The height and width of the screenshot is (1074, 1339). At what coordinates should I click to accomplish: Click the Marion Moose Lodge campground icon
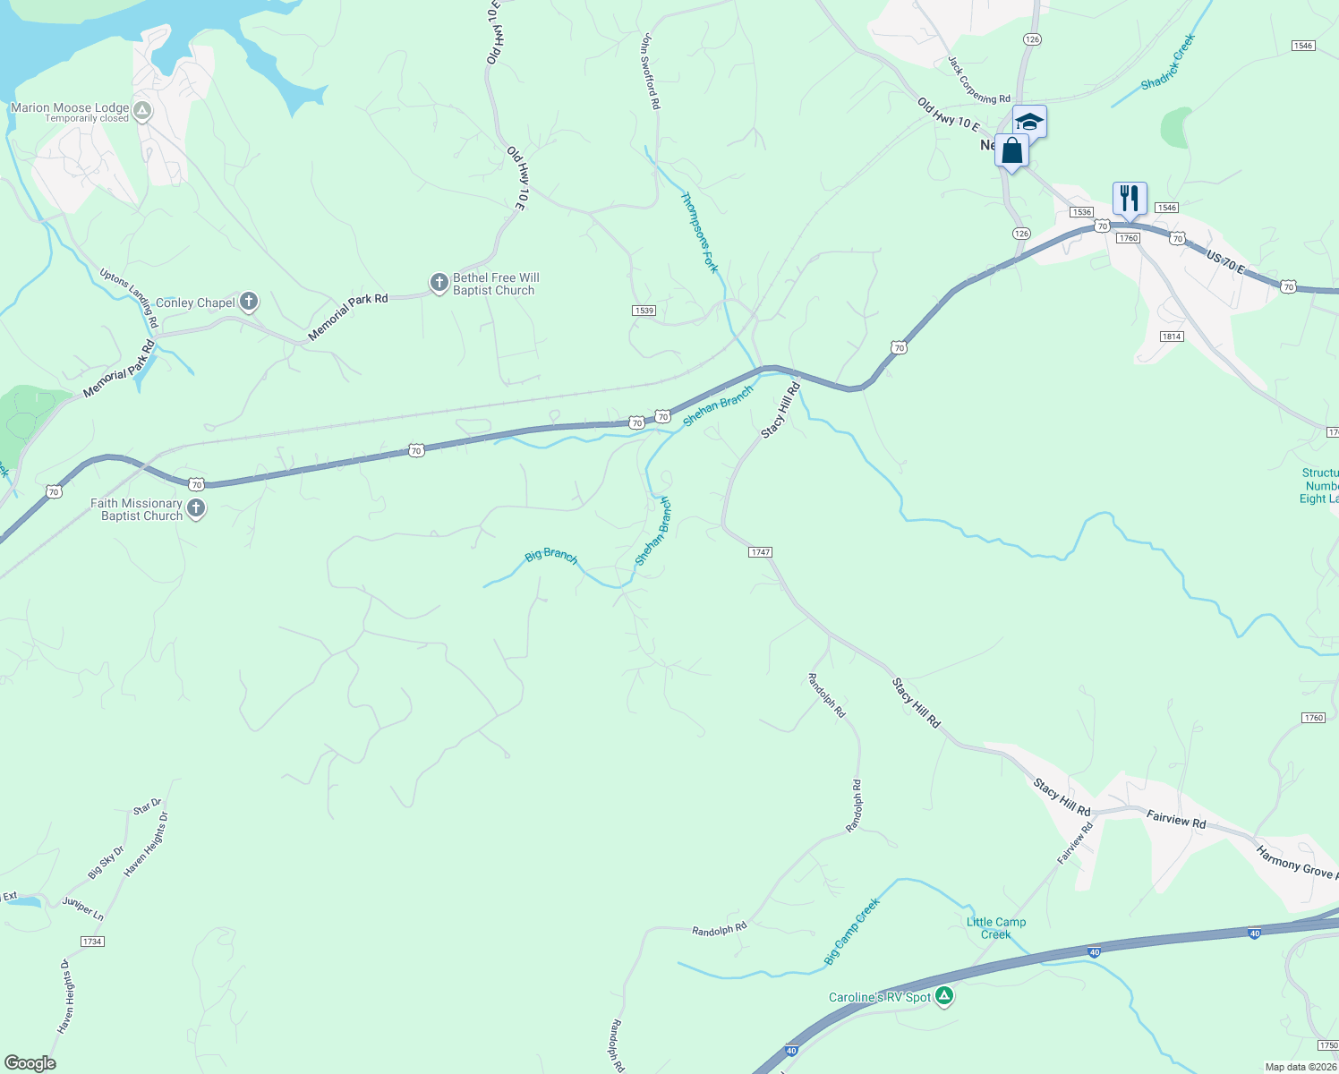(x=142, y=111)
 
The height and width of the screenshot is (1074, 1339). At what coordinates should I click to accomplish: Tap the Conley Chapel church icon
(x=249, y=302)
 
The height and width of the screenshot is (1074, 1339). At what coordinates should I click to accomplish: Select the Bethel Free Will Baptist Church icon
(x=439, y=283)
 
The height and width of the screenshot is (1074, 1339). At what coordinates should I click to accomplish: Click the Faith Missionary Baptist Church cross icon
(x=196, y=509)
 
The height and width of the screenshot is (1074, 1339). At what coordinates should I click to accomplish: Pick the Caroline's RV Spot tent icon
(x=944, y=996)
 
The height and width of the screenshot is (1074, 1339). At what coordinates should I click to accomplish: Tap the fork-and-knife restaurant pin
(x=1130, y=199)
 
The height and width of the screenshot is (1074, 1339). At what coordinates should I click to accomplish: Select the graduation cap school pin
(x=1029, y=121)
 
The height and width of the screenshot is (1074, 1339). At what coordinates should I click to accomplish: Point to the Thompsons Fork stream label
(x=699, y=232)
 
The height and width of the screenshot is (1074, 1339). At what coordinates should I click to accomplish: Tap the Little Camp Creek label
(x=996, y=928)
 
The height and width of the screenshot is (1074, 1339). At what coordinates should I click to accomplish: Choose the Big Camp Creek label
(x=852, y=931)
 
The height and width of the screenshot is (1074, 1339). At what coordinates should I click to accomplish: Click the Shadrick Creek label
(x=1168, y=62)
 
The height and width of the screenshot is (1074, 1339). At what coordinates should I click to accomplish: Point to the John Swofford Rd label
(x=651, y=72)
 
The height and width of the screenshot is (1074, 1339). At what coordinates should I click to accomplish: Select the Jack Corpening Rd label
(x=978, y=80)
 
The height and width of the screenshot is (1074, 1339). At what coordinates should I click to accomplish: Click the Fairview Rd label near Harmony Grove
(x=1176, y=818)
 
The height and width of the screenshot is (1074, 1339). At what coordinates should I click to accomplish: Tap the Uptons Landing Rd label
(x=129, y=298)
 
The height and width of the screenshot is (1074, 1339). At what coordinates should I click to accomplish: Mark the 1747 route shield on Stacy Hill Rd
(x=760, y=552)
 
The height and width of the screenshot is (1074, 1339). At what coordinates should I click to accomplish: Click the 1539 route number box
(x=644, y=311)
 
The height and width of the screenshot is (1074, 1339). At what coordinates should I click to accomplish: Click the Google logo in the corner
(x=30, y=1063)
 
